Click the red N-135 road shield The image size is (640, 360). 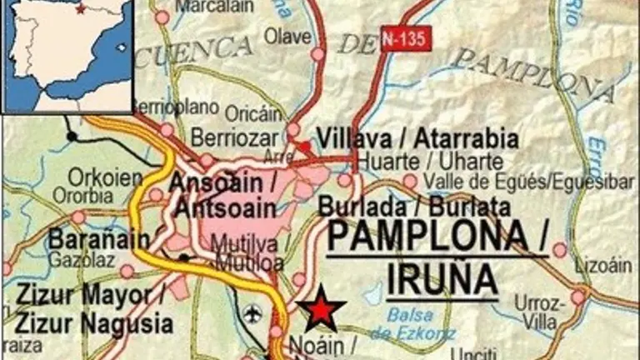[406, 38]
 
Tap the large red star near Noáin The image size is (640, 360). [321, 310]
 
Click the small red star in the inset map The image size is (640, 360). [80, 10]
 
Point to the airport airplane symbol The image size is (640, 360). [253, 313]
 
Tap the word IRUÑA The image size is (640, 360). [435, 278]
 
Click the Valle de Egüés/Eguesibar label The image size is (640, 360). [517, 182]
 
